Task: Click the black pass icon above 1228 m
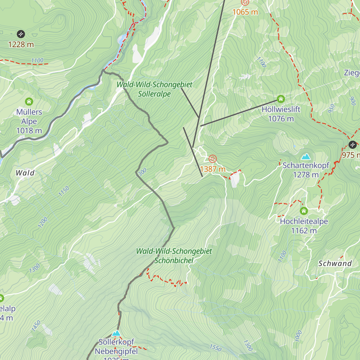tap(21, 34)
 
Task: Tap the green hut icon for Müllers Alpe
tap(29, 101)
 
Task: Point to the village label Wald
tap(25, 173)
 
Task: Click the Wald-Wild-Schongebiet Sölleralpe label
tap(154, 89)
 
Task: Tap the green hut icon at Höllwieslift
tap(281, 99)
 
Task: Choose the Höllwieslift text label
tap(281, 109)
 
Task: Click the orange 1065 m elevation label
tap(245, 12)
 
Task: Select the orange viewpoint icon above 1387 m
tap(212, 159)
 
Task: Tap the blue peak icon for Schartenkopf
tap(306, 157)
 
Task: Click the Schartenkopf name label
tap(306, 165)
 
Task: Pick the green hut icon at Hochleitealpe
tap(304, 211)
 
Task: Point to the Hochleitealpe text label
tap(304, 221)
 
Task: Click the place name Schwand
tap(335, 264)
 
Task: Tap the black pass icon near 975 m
tap(352, 145)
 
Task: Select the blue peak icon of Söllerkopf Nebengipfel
tap(116, 333)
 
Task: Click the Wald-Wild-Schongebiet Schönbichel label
tap(174, 256)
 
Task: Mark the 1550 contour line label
tap(215, 348)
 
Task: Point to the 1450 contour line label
tap(36, 326)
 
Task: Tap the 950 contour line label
tap(331, 109)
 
